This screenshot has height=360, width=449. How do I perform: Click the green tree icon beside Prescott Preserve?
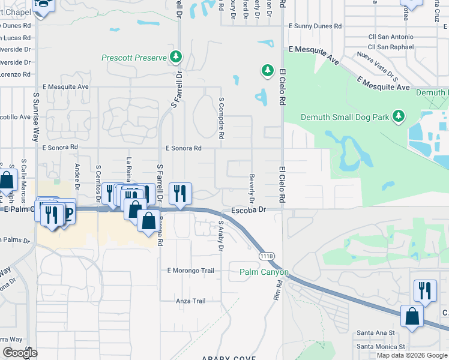pos(176,58)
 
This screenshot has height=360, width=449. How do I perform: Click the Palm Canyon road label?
pos(264,272)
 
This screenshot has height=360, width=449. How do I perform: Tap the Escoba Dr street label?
pos(248,211)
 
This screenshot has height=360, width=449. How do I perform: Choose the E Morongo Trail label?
pos(190,271)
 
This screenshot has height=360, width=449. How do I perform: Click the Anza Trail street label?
pos(190,301)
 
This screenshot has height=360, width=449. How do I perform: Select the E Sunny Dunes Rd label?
pos(315,26)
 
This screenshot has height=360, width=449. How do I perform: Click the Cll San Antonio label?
pos(391,37)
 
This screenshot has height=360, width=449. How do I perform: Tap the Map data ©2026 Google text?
pos(412,355)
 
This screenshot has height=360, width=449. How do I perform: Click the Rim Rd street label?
pos(278,292)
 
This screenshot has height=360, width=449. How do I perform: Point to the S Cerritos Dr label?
pos(98,178)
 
